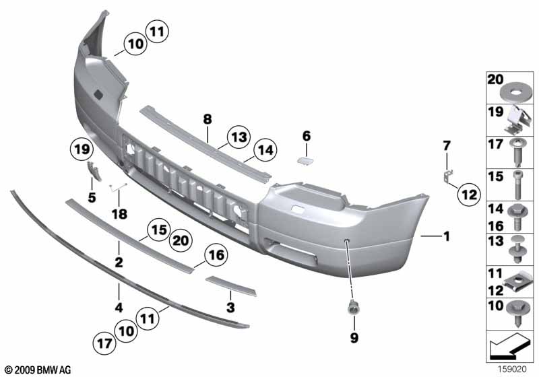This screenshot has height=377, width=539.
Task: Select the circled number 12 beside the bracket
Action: pyautogui.click(x=468, y=196)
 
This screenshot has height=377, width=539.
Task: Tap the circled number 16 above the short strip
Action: pyautogui.click(x=216, y=255)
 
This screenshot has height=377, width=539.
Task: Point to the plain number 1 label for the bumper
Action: pyautogui.click(x=445, y=236)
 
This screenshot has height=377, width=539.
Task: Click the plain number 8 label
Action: pyautogui.click(x=208, y=119)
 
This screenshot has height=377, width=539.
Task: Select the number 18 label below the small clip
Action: pyautogui.click(x=119, y=214)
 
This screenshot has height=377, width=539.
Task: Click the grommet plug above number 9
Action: pyautogui.click(x=352, y=309)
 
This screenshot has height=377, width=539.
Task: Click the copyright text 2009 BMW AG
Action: pyautogui.click(x=37, y=370)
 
